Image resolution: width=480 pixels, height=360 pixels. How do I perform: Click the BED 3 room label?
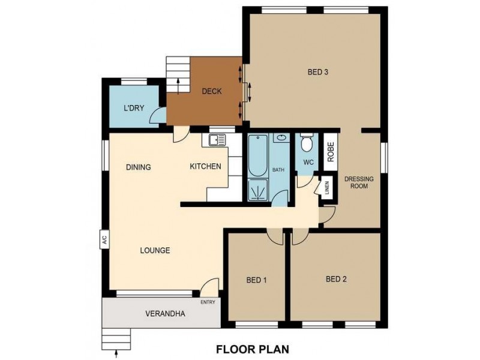pos(317,73)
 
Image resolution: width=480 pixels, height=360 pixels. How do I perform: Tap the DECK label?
pos(211,91)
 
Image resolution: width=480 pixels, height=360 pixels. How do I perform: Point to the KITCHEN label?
pos(206,166)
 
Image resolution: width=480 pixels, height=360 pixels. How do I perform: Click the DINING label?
pos(138,167)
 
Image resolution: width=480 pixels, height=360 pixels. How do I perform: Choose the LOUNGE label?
pos(155,250)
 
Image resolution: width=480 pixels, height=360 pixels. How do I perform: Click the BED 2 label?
pos(337,278)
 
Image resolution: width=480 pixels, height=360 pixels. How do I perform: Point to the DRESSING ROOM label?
pos(359,182)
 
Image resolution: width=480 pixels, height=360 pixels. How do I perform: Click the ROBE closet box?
pos(329,152)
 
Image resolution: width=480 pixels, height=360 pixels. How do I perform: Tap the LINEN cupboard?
pos(327,188)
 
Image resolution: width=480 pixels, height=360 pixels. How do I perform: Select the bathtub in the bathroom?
pos(259,155)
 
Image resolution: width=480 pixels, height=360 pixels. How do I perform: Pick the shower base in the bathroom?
pos(259,190)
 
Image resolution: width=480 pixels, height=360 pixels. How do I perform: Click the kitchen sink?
pos(216,140)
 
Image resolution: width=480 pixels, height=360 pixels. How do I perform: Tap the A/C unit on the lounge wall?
pos(104,240)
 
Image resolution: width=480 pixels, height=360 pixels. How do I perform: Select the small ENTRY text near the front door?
pos(208,302)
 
